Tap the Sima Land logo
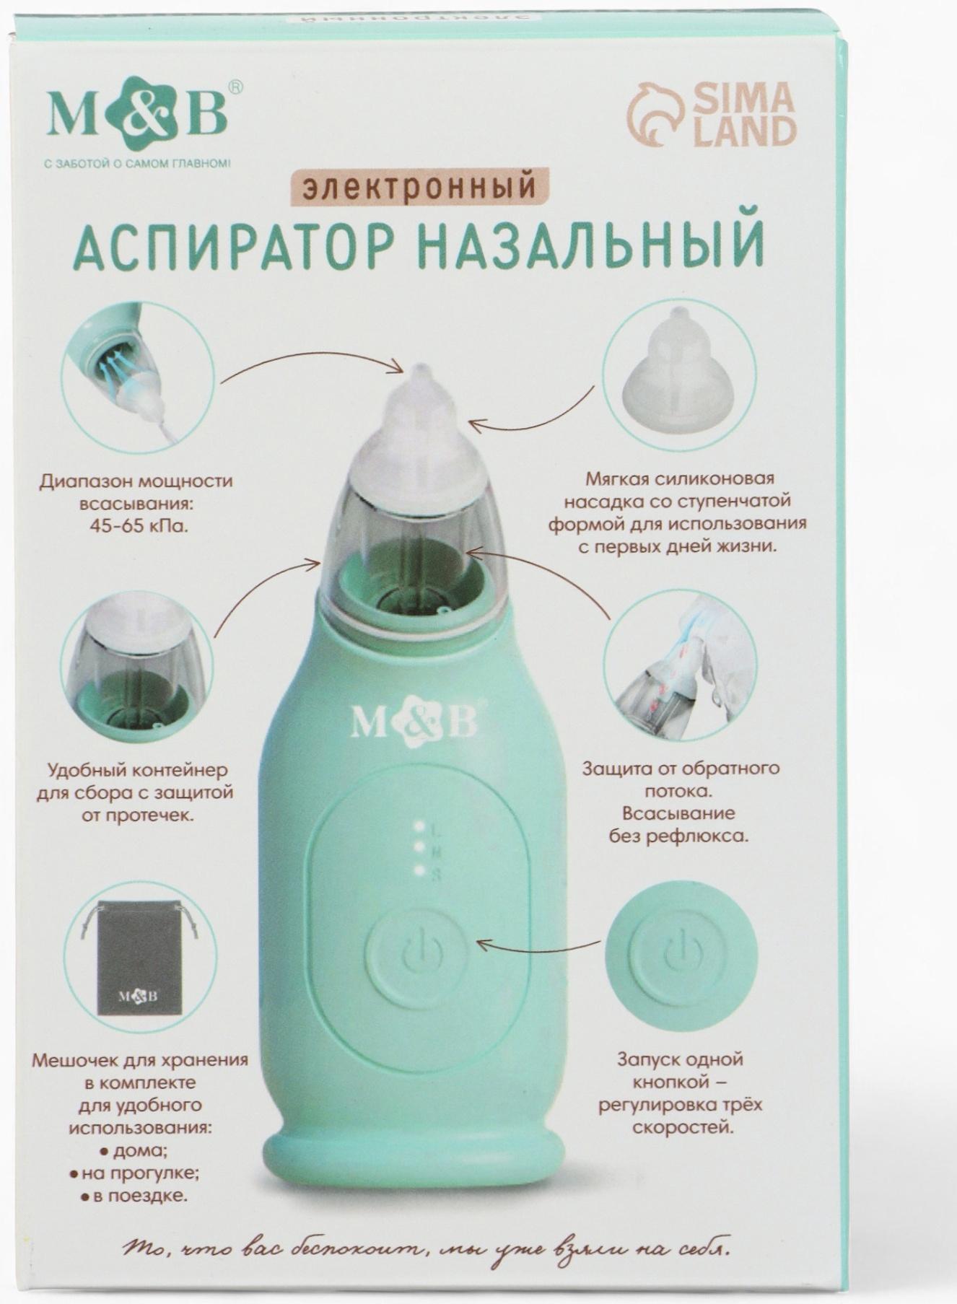pyautogui.click(x=712, y=115)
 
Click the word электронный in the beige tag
pyautogui.click(x=420, y=185)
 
